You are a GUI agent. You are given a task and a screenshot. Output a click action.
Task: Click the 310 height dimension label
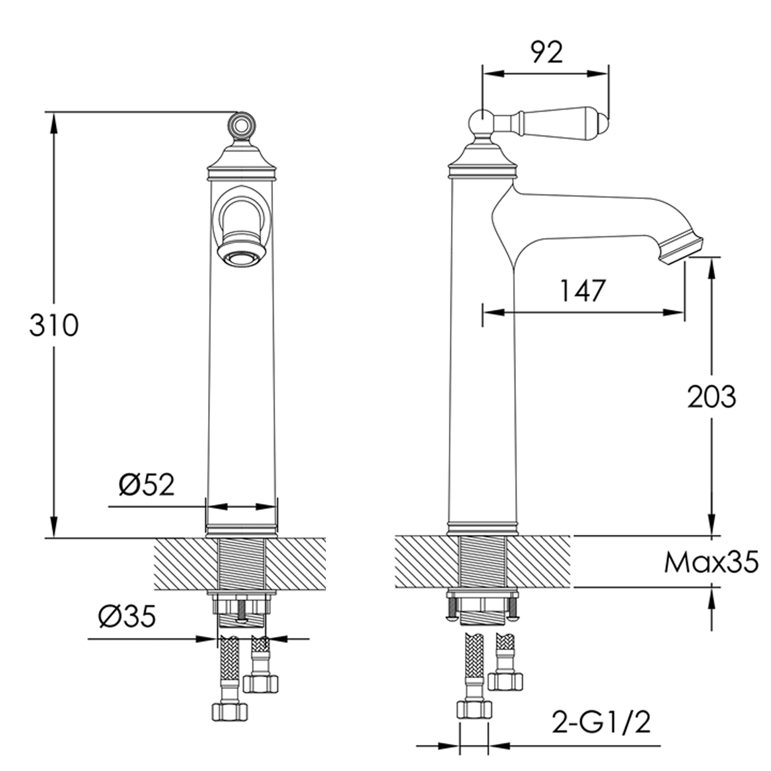[x=54, y=325]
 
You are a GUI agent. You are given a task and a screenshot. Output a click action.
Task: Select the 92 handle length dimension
[x=547, y=52]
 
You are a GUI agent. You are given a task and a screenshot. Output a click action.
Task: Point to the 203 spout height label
[x=712, y=397]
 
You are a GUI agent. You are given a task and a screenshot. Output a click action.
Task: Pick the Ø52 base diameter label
[x=147, y=485]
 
